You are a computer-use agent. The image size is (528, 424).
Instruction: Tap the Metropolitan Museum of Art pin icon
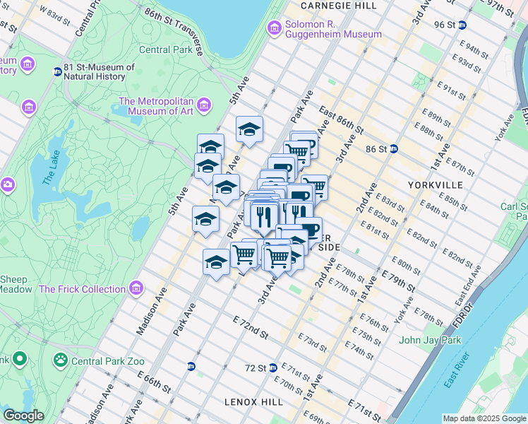[x=204, y=106]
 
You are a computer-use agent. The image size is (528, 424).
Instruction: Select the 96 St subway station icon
[x=462, y=25]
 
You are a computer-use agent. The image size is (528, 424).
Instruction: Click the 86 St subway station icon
[x=394, y=149]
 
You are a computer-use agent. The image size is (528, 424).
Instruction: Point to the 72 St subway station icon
[x=272, y=367]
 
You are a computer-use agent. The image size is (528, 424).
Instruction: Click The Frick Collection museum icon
[x=136, y=288]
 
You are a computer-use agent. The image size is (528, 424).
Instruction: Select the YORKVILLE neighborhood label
[x=435, y=184]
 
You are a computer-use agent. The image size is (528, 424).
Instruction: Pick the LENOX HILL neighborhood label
[x=253, y=402]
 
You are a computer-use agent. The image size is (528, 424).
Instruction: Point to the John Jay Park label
[x=430, y=340]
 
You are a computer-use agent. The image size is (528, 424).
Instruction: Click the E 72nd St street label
[x=251, y=326]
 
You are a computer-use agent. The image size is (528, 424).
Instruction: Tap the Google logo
[x=23, y=415]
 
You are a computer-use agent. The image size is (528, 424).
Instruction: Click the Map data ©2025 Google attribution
[x=484, y=418]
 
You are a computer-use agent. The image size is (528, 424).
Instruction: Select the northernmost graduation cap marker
[x=249, y=129]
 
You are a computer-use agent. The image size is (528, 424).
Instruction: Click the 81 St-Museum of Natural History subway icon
[x=57, y=72]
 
